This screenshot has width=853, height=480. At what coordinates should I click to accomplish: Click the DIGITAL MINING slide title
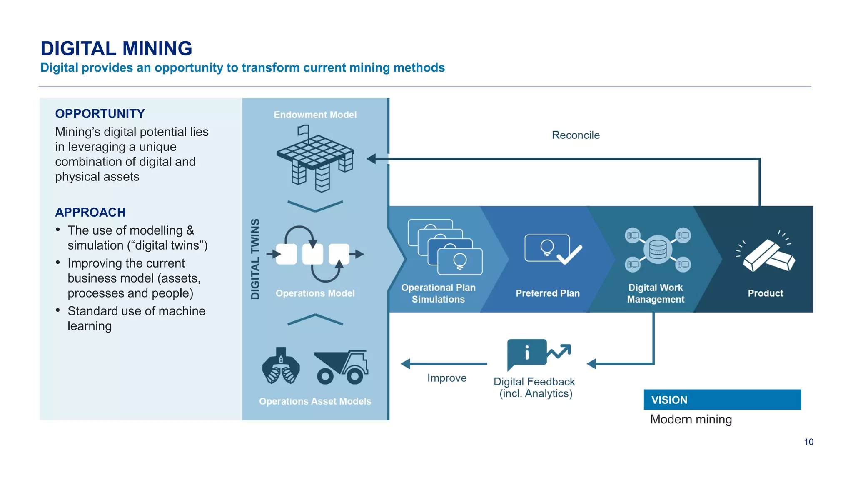click(116, 49)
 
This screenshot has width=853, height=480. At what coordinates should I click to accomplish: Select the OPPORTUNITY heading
click(100, 114)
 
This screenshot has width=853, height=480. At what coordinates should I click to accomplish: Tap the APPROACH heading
click(90, 212)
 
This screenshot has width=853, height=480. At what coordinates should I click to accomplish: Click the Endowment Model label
click(315, 115)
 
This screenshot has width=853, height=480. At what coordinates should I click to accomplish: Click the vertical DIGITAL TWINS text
click(255, 259)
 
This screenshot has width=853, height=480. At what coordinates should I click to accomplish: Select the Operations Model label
click(315, 293)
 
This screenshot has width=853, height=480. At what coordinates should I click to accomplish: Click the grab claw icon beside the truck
click(281, 366)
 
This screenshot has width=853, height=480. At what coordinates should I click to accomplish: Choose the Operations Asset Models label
click(315, 401)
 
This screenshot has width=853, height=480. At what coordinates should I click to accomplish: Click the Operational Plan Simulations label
click(438, 293)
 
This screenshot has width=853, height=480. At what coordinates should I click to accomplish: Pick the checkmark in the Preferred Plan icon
click(569, 255)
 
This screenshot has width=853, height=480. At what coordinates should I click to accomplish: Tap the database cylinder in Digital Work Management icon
click(658, 250)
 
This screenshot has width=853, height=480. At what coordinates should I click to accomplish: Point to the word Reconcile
click(576, 135)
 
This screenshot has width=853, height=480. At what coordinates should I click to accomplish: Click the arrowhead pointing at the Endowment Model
click(372, 159)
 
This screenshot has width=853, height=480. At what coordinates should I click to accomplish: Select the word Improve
click(447, 378)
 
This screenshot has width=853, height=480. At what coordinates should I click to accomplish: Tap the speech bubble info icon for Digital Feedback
click(527, 353)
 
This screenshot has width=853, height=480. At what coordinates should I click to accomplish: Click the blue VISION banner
click(722, 400)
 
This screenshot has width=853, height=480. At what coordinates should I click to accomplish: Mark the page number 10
click(808, 442)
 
